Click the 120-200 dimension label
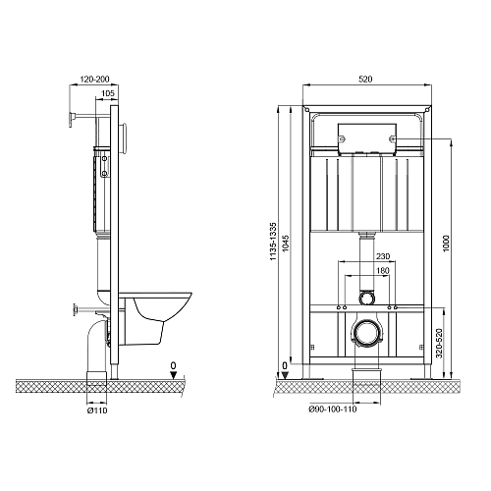click(94, 79)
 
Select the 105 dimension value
click(108, 93)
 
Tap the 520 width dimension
click(365, 79)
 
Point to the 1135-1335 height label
click(273, 242)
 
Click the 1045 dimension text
click(286, 243)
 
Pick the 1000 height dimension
click(446, 244)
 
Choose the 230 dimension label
click(382, 256)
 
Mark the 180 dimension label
click(382, 270)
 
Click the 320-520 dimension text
click(439, 343)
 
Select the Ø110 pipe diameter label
click(97, 410)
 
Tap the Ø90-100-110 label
click(333, 409)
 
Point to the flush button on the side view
click(123, 138)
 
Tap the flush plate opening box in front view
click(367, 138)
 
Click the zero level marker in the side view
click(174, 371)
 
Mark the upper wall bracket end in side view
click(71, 119)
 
